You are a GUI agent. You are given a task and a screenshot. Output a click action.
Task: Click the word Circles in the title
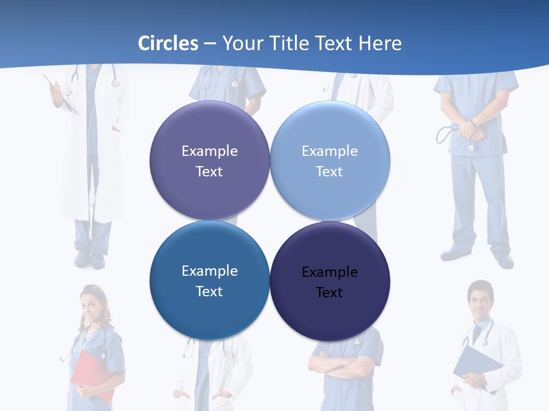click(168, 43)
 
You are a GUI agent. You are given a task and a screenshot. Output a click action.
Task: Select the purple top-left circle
click(209, 160)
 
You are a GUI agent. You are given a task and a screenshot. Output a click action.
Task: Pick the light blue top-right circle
click(330, 160)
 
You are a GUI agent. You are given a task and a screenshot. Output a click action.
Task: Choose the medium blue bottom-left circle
click(209, 280)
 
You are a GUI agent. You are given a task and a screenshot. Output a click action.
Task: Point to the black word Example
click(329, 272)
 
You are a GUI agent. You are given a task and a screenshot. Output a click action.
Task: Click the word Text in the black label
click(329, 293)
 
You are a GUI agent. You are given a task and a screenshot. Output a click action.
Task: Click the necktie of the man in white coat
click(476, 334)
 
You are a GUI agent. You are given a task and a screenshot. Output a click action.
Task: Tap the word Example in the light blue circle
click(329, 151)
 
